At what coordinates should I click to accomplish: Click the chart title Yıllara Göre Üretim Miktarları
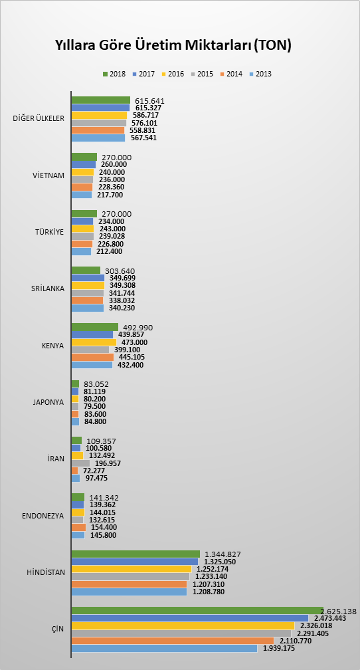[x=173, y=45]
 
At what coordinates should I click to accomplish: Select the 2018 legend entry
[x=114, y=74]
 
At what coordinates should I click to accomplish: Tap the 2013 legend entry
[x=260, y=74]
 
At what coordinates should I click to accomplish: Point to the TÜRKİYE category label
[x=50, y=232]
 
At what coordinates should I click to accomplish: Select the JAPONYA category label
[x=48, y=402]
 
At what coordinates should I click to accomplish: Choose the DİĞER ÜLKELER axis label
[x=39, y=118]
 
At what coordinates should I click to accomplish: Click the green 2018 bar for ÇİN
[x=198, y=610]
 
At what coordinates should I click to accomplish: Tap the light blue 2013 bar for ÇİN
[x=165, y=648]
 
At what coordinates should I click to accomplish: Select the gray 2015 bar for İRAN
[x=81, y=463]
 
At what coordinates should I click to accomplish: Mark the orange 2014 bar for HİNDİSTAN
[x=129, y=584]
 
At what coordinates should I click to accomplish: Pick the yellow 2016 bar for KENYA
[x=94, y=342]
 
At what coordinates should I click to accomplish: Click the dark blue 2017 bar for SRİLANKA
[x=88, y=278]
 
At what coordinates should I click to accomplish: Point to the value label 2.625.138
[x=339, y=611]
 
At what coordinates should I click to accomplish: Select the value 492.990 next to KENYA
[x=138, y=328]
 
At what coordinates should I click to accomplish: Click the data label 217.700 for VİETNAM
[x=110, y=195]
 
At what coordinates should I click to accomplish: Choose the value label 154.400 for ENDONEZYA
[x=104, y=527]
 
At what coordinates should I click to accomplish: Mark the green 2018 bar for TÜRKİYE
[x=84, y=213]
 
